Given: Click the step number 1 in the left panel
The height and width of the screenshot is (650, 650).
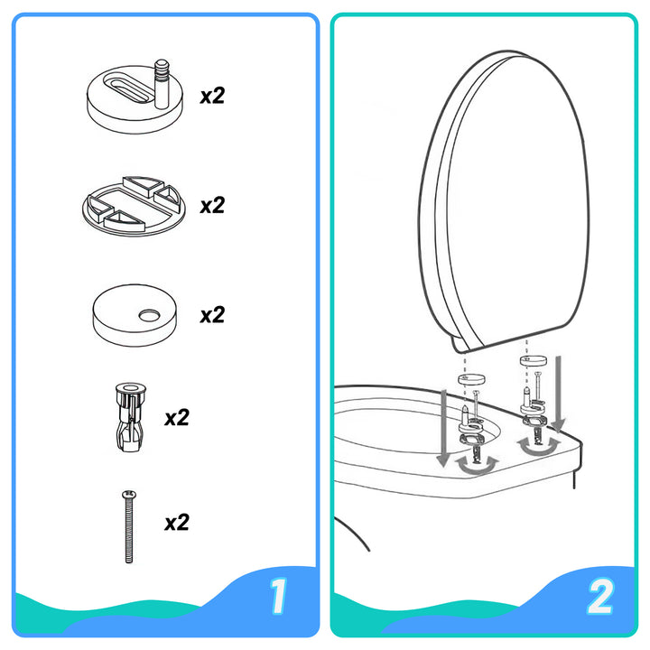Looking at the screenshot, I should (x=279, y=596).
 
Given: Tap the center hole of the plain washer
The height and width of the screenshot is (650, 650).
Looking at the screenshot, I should (x=145, y=315).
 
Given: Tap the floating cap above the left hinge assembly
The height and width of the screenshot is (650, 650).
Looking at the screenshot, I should (x=469, y=378).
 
